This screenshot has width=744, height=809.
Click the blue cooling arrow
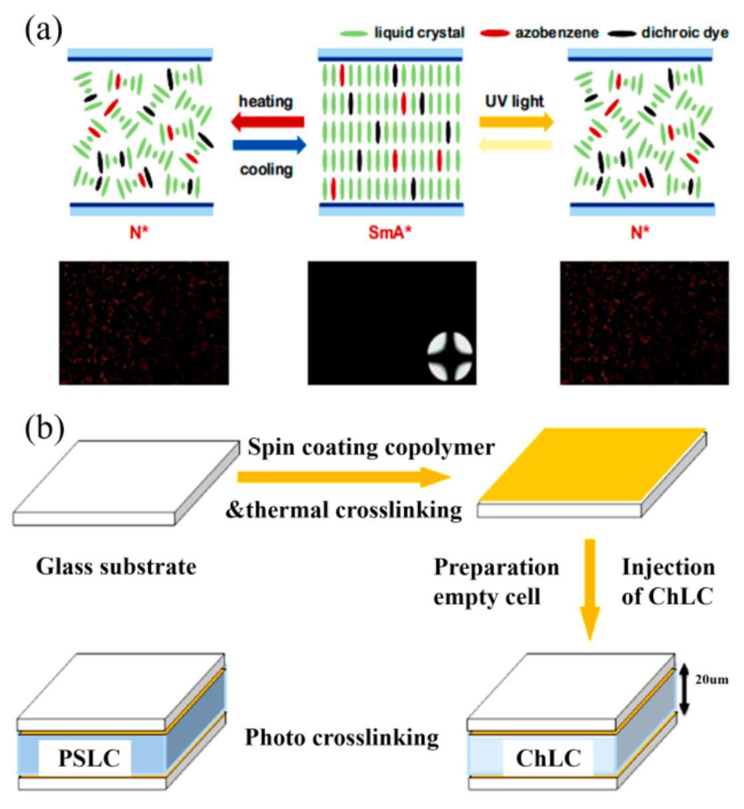point(270,145)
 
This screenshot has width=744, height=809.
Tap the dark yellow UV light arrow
point(516,122)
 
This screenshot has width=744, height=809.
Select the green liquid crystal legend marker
point(353,33)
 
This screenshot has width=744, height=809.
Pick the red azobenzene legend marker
point(494,33)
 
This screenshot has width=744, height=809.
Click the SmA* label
point(390,232)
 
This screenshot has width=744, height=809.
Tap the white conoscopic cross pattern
point(450,356)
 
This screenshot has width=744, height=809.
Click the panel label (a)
point(43,30)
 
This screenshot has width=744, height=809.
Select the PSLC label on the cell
point(89,758)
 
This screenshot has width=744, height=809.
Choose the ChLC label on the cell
point(548,758)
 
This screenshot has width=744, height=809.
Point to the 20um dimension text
point(711,679)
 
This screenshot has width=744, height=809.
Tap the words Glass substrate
point(116,567)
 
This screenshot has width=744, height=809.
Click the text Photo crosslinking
point(342,737)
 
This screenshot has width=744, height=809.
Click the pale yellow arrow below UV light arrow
point(515,144)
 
